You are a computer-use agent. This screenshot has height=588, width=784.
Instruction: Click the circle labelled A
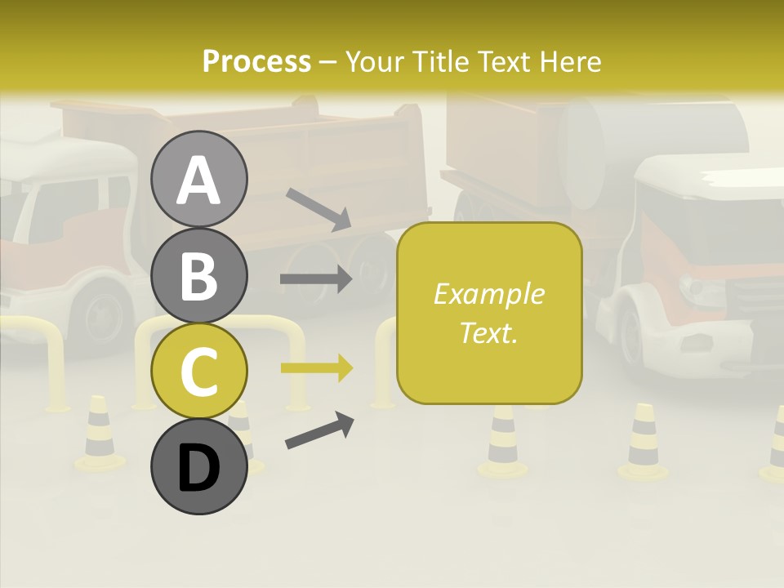[199, 179]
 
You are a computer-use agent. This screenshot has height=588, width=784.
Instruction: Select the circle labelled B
[199, 274]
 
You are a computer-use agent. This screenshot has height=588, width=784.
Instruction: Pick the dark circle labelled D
[199, 466]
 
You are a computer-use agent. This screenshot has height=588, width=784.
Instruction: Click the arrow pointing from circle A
[318, 209]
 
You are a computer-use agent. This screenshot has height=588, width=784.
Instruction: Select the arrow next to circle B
[316, 279]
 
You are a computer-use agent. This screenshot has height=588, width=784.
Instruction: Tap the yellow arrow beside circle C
[316, 367]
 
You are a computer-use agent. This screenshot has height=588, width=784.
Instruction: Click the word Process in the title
[256, 61]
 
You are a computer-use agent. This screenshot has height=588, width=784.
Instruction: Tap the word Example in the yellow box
[488, 294]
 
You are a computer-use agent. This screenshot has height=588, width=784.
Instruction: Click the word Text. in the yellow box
[488, 332]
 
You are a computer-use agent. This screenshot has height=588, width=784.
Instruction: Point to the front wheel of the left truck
[102, 310]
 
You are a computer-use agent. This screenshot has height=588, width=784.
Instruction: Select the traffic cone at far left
[99, 433]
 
